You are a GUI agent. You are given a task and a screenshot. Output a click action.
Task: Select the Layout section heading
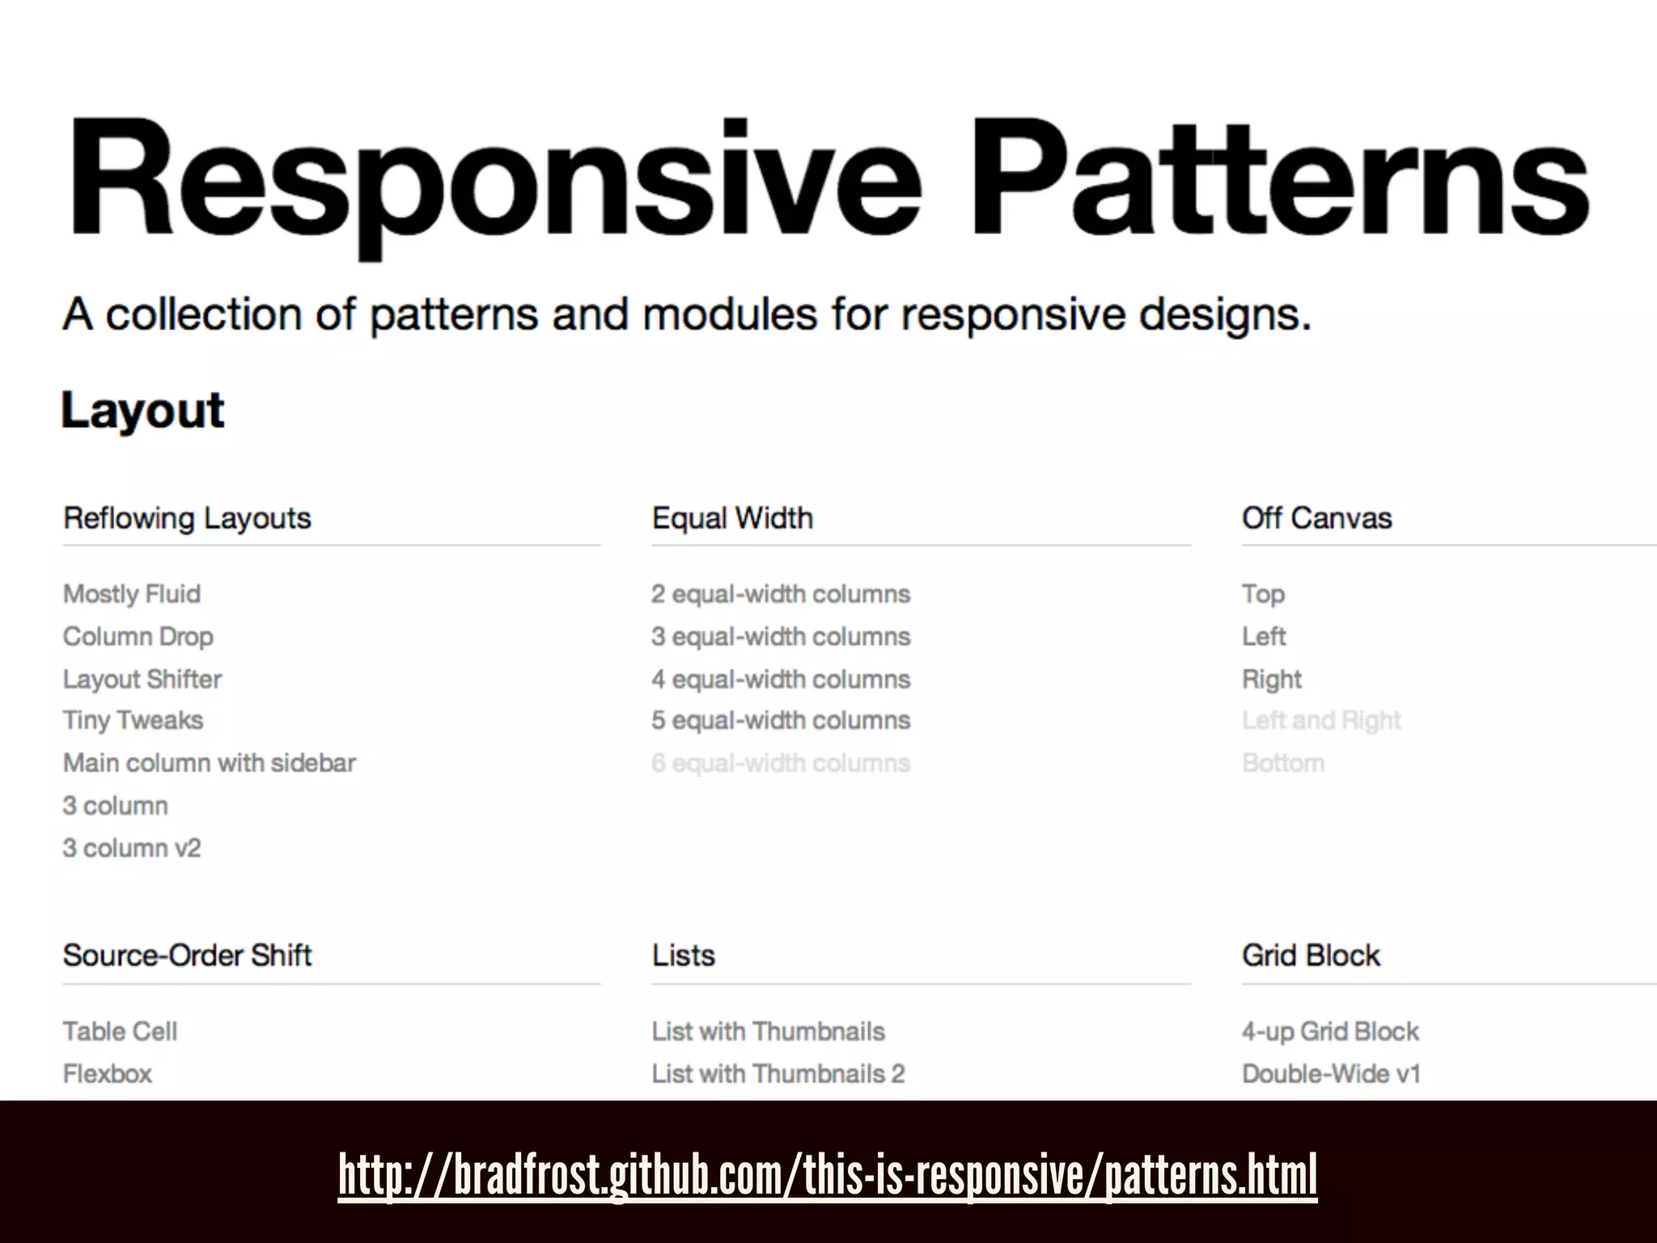pos(142,410)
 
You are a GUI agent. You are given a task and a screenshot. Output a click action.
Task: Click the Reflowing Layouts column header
pos(187,518)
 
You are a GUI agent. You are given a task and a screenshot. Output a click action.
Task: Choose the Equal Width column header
pos(732,518)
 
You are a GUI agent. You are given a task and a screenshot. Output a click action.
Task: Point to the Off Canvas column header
pos(1316,518)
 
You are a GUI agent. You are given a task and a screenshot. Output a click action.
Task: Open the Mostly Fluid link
pos(132,594)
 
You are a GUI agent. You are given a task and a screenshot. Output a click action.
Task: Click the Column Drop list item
pos(138,637)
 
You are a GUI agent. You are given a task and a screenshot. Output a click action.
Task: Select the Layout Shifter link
pos(142,679)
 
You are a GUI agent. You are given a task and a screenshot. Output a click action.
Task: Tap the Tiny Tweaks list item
pos(133,720)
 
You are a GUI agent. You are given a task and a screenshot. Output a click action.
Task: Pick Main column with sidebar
pos(210,763)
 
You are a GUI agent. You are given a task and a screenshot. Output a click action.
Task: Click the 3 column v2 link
pos(132,848)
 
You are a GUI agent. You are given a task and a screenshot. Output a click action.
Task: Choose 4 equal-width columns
pos(781,679)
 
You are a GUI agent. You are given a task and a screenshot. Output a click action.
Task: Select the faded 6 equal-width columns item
pos(781,763)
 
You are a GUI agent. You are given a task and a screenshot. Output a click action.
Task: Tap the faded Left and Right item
pos(1321,720)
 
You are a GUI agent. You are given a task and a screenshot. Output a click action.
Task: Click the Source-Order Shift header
pos(187,956)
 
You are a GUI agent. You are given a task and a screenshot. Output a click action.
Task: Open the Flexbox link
pos(108,1074)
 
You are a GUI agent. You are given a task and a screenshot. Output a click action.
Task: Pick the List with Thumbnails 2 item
pos(778,1074)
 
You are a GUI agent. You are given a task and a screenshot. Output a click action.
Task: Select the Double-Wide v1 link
pos(1331,1074)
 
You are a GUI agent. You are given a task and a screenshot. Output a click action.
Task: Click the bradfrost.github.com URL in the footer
pos(828,1175)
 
